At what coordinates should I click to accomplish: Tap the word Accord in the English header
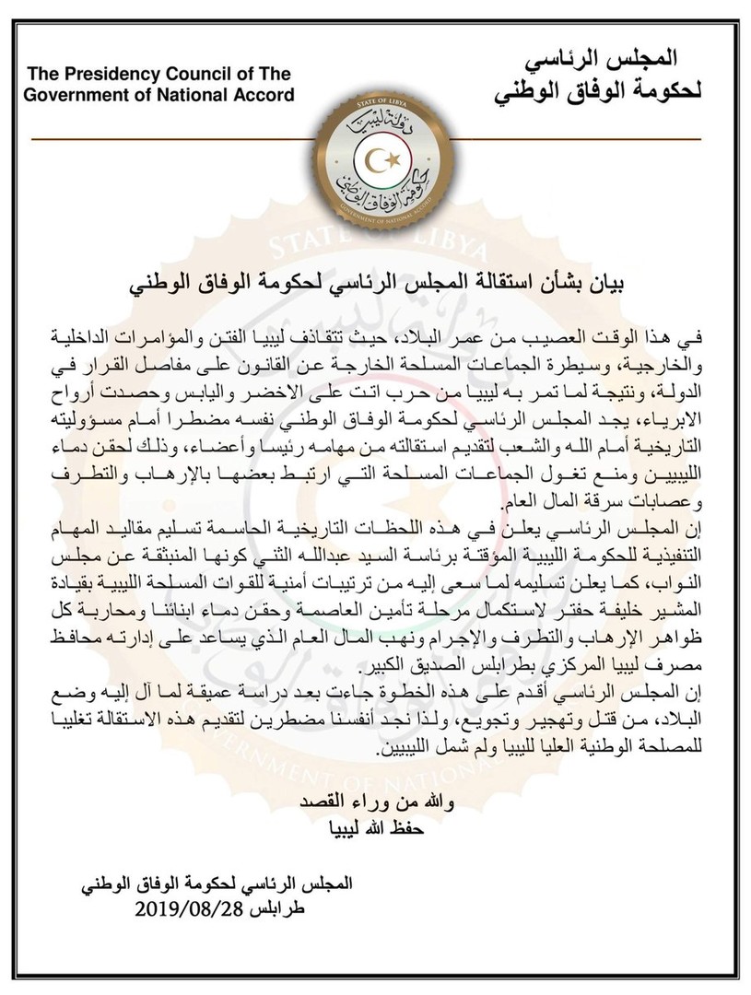[262, 94]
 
